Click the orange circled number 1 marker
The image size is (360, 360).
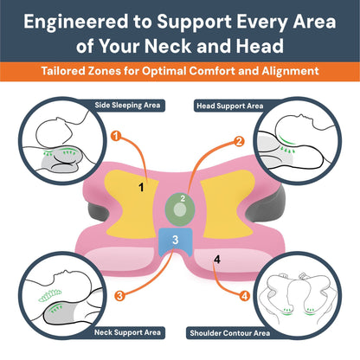pos(116,136)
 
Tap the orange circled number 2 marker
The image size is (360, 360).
pos(239,142)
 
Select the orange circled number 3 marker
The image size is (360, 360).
pos(119,296)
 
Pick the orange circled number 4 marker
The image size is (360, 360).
pos(245,296)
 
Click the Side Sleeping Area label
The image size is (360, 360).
pos(127,106)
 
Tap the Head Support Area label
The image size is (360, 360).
pos(230,106)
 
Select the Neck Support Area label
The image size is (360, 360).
pos(127,332)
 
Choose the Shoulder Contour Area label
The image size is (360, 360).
pos(230,333)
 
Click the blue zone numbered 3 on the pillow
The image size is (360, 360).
pos(176,241)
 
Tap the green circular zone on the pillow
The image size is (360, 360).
pos(180,209)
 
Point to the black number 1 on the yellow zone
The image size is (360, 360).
pos(141,188)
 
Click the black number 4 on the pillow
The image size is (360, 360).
pos(217,260)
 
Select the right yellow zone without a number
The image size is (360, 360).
pos(228,204)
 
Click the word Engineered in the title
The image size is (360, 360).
pos(76,22)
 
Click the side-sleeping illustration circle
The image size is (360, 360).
pos(63,141)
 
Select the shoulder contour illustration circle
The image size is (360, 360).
pos(298,296)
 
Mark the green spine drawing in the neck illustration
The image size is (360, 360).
pos(50,295)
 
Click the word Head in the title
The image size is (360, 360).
pos(260,46)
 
